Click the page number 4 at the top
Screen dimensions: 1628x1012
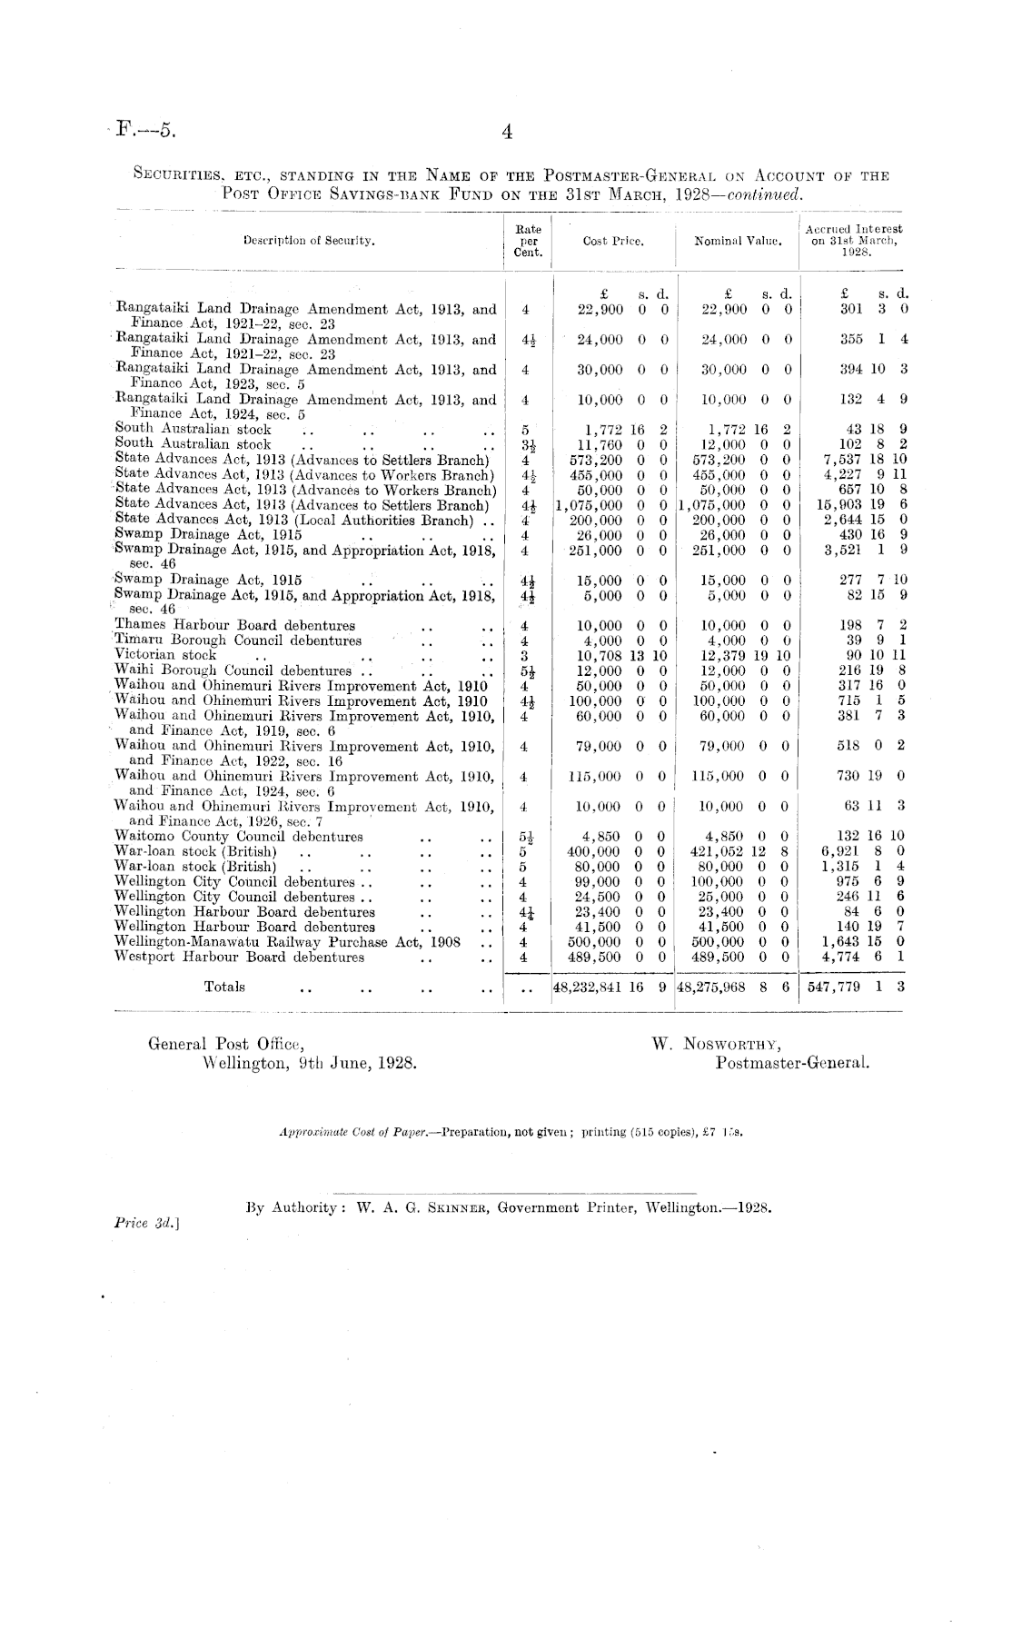[508, 133]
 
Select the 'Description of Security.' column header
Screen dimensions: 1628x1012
[309, 241]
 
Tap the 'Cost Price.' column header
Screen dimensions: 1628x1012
[613, 242]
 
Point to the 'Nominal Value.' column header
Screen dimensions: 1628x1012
[738, 242]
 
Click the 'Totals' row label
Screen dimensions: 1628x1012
[224, 986]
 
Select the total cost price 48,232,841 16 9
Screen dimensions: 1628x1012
[613, 988]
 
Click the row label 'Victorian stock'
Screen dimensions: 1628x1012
[165, 655]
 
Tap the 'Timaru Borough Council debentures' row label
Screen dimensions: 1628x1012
[238, 640]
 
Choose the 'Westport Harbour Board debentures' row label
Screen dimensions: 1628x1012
[240, 957]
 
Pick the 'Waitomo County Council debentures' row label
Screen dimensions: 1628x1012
[239, 836]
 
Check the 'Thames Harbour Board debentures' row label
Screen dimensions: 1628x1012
[235, 625]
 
